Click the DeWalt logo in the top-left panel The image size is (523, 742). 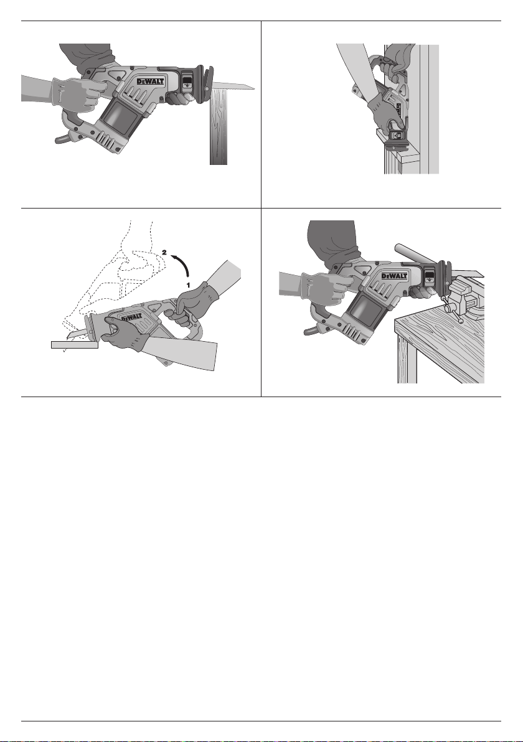pos(151,82)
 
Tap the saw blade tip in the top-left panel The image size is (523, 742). pos(255,88)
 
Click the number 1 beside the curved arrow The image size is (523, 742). pos(188,285)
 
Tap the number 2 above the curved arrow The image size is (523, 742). pos(164,252)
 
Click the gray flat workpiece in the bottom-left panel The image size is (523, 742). pos(74,344)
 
